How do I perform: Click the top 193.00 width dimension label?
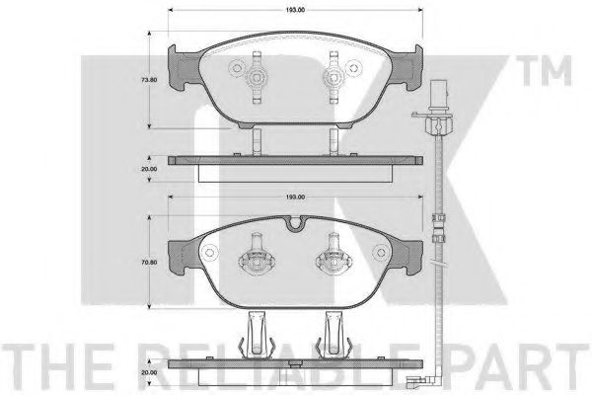tap(295, 10)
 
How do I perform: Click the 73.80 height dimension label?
tap(149, 80)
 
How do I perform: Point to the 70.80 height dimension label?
tap(149, 262)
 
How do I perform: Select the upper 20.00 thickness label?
tap(149, 169)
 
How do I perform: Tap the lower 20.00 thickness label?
tap(149, 372)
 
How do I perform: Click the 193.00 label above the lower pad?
tap(295, 197)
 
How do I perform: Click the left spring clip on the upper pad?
tap(257, 77)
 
